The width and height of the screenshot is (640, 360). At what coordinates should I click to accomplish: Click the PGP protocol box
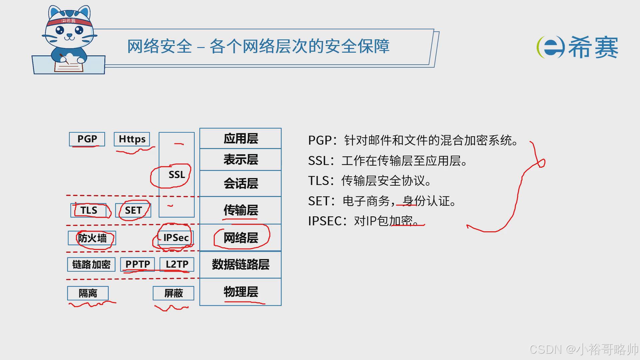(x=87, y=139)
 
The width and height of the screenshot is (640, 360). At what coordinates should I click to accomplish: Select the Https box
(x=132, y=139)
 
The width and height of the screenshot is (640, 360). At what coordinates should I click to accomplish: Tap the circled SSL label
(x=176, y=175)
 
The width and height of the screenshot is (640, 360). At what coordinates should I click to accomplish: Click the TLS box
(x=89, y=210)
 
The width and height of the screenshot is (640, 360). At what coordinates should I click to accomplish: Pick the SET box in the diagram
(x=133, y=210)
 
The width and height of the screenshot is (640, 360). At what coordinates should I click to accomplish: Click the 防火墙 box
(x=92, y=238)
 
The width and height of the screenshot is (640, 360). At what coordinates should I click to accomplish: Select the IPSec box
(x=176, y=238)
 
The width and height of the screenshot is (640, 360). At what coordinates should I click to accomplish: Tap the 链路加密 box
(x=91, y=264)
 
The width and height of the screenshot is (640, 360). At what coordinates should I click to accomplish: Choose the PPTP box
(x=138, y=264)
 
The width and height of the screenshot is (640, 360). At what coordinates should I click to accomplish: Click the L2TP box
(x=177, y=264)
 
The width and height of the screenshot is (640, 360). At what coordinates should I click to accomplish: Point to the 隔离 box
(x=88, y=293)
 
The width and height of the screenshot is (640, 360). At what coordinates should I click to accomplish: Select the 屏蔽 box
(x=173, y=293)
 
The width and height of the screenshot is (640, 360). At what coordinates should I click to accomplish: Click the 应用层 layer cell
(x=241, y=139)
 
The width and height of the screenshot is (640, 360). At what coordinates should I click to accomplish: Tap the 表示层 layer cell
(x=241, y=160)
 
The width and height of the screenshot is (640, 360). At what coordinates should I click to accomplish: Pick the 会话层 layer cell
(x=241, y=184)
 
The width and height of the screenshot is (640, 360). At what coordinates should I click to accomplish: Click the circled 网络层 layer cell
(x=241, y=238)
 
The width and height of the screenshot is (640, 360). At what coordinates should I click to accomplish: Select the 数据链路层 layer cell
(x=241, y=265)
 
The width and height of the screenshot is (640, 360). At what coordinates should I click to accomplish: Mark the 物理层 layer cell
(x=241, y=292)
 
